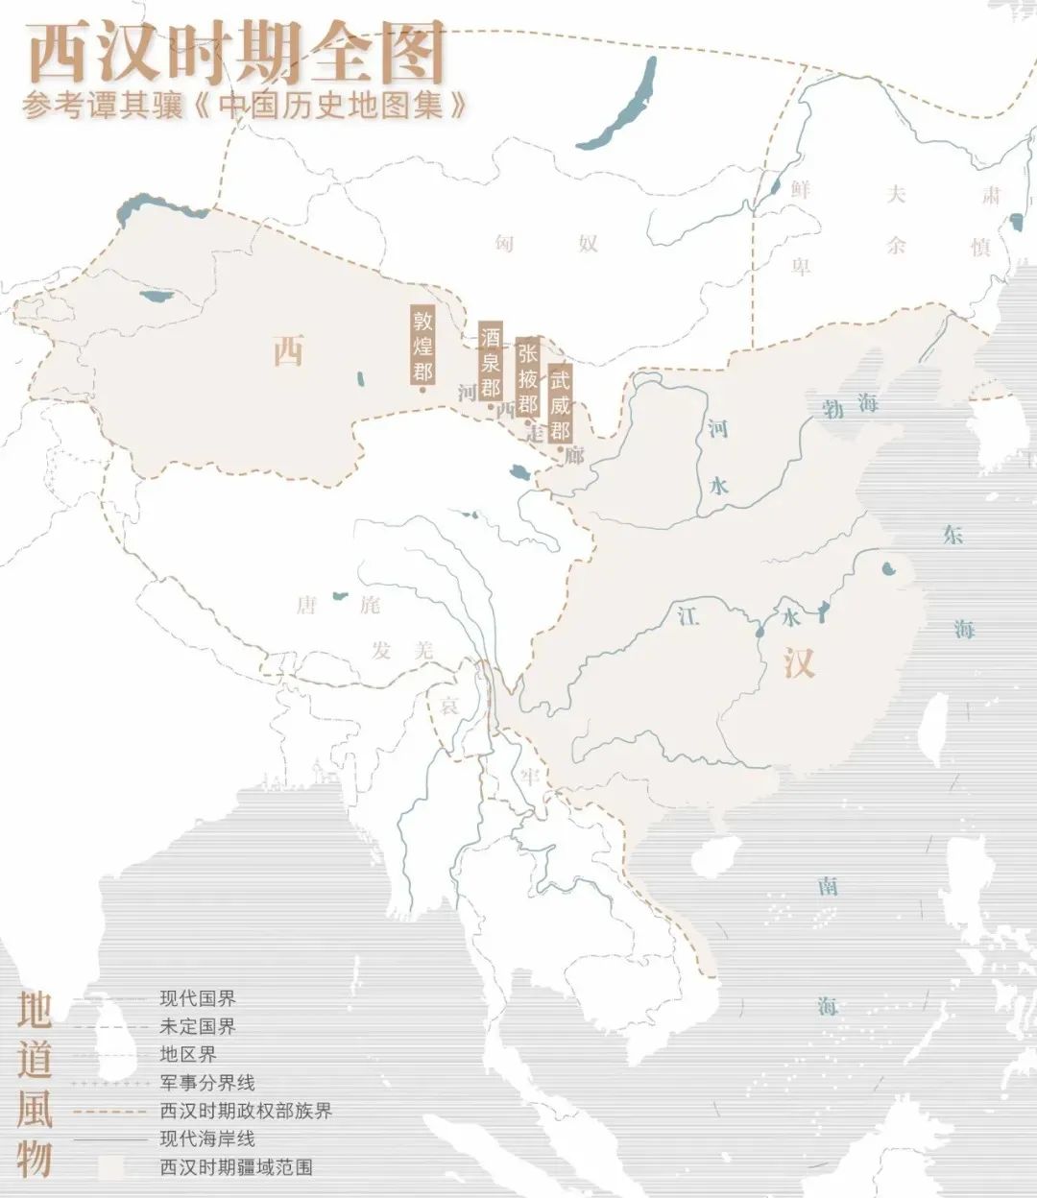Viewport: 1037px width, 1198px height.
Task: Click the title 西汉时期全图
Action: click(x=236, y=54)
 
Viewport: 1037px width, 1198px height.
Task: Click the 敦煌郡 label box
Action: click(x=422, y=344)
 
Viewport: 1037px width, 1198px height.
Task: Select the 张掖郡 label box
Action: click(x=526, y=377)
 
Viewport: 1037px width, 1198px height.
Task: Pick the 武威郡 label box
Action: click(x=561, y=400)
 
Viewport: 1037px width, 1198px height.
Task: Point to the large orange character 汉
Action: click(x=798, y=663)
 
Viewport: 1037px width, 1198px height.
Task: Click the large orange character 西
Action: click(x=287, y=351)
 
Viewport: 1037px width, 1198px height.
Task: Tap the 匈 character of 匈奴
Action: click(x=504, y=243)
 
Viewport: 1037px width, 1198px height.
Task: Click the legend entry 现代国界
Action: click(x=198, y=999)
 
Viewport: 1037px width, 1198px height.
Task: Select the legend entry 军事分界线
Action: click(x=207, y=1083)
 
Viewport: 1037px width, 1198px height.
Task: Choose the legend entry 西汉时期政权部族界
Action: click(x=246, y=1112)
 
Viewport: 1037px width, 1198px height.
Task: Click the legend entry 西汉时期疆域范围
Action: click(x=236, y=1168)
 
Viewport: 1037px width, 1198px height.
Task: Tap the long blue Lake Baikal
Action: click(x=624, y=102)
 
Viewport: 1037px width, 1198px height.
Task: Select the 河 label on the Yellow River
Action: click(x=718, y=428)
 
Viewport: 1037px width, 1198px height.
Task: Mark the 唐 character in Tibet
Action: click(x=306, y=605)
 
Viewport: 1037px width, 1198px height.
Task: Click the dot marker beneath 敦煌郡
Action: click(x=422, y=390)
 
